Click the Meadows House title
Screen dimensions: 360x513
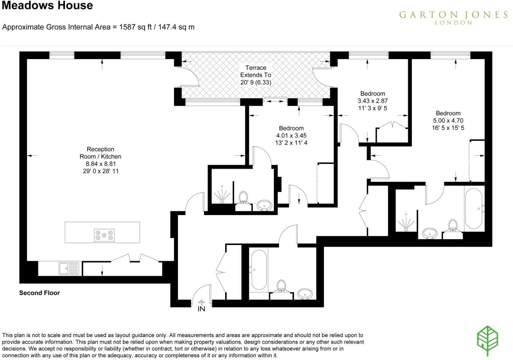(x=47, y=5)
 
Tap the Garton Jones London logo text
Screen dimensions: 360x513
(x=453, y=17)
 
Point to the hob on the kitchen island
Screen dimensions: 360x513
(x=104, y=235)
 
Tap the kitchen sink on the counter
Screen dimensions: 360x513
(x=69, y=268)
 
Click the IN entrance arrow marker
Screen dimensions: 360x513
(x=201, y=306)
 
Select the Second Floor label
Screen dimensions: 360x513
(x=39, y=293)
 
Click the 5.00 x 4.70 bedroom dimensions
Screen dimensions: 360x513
(x=448, y=120)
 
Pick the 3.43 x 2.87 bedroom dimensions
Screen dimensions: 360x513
(x=373, y=101)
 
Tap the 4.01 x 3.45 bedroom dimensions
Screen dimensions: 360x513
(x=291, y=136)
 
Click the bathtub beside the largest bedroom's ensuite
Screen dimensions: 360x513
(x=475, y=209)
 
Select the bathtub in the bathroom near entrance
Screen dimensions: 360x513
(x=259, y=270)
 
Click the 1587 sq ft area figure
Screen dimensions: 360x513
(x=135, y=27)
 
